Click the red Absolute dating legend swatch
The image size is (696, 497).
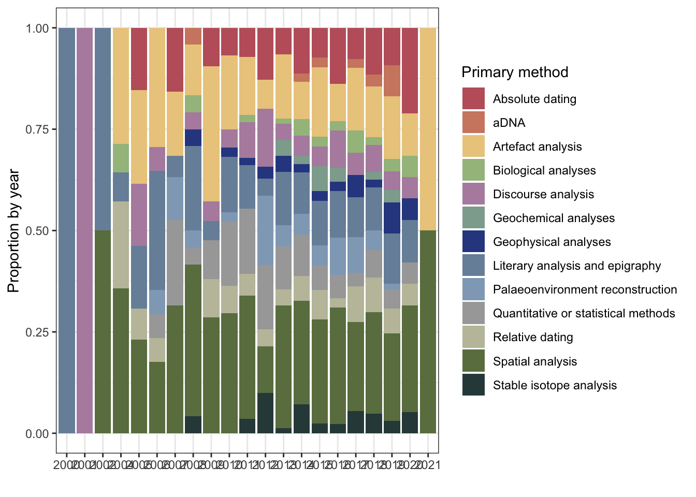click(x=473, y=99)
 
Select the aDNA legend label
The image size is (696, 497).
click(x=509, y=123)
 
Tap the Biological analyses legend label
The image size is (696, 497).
click(x=544, y=170)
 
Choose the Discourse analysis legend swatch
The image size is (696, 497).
click(x=473, y=194)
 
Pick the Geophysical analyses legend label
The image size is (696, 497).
click(x=552, y=242)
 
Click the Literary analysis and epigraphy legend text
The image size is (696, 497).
click(x=576, y=266)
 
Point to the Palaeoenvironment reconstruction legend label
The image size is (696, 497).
click(x=585, y=289)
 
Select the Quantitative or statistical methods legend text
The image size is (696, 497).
click(x=584, y=313)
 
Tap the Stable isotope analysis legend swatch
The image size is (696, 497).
click(x=473, y=385)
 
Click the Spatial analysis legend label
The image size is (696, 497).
click(x=534, y=361)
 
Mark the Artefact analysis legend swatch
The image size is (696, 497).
click(x=473, y=147)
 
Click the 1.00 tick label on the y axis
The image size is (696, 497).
click(x=37, y=28)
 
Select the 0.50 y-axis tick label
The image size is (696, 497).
click(x=37, y=231)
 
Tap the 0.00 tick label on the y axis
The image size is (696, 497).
click(x=37, y=434)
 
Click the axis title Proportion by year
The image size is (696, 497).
click(x=14, y=230)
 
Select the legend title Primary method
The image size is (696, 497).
click(x=515, y=72)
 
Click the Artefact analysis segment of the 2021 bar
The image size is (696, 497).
click(x=428, y=129)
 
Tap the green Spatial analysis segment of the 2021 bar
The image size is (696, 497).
click(x=428, y=331)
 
